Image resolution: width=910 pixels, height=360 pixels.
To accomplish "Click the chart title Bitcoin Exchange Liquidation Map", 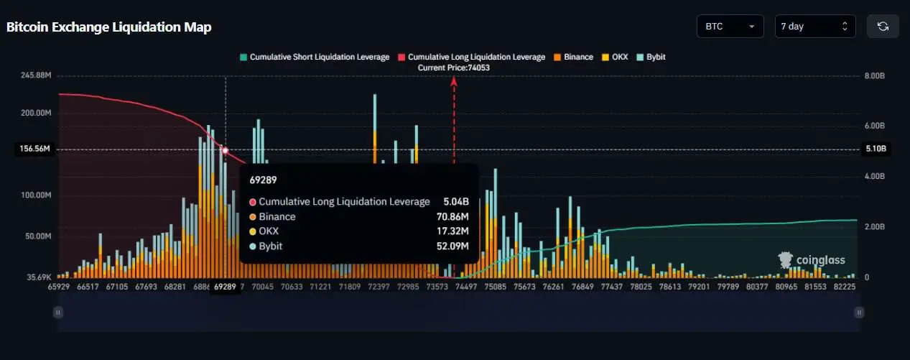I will (x=108, y=27).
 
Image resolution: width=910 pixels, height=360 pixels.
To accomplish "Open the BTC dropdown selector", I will (x=730, y=27).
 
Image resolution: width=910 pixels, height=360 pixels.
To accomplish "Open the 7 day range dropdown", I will (x=814, y=27).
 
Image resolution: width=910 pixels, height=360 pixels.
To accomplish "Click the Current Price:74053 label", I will (x=454, y=67).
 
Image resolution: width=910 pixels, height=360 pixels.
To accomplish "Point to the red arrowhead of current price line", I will (x=454, y=81).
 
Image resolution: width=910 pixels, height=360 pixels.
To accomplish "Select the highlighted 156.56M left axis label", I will (x=34, y=149).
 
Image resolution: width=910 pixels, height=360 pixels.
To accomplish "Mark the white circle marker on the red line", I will (x=226, y=150).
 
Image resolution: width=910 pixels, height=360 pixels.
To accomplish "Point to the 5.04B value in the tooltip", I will (x=455, y=202).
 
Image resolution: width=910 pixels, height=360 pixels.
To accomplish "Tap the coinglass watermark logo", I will (x=812, y=260).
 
